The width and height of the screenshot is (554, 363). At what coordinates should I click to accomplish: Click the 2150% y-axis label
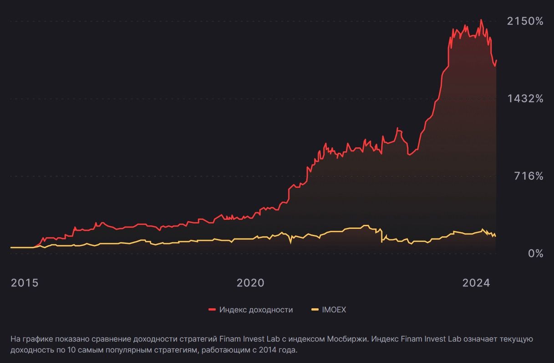pyautogui.click(x=525, y=21)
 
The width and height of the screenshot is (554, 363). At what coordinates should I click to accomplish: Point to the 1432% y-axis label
pyautogui.click(x=525, y=99)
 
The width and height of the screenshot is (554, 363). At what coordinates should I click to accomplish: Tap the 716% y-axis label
pyautogui.click(x=529, y=176)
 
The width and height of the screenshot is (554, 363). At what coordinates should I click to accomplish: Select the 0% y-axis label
pyautogui.click(x=535, y=254)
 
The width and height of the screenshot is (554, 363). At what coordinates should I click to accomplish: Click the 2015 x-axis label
pyautogui.click(x=25, y=283)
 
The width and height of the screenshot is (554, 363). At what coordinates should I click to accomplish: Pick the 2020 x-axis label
pyautogui.click(x=250, y=283)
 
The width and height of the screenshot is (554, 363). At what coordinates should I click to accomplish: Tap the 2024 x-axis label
pyautogui.click(x=476, y=283)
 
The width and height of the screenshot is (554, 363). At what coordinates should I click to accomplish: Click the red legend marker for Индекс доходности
pyautogui.click(x=212, y=310)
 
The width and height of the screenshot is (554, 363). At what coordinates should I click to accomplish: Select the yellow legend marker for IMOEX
pyautogui.click(x=315, y=310)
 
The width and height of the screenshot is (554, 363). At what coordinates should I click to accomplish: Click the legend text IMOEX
pyautogui.click(x=334, y=310)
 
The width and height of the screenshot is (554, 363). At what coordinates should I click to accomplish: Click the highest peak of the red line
pyautogui.click(x=481, y=20)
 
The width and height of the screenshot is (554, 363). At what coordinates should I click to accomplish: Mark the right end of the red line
pyautogui.click(x=496, y=60)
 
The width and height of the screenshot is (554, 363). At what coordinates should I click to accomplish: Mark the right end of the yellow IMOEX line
pyautogui.click(x=496, y=236)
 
